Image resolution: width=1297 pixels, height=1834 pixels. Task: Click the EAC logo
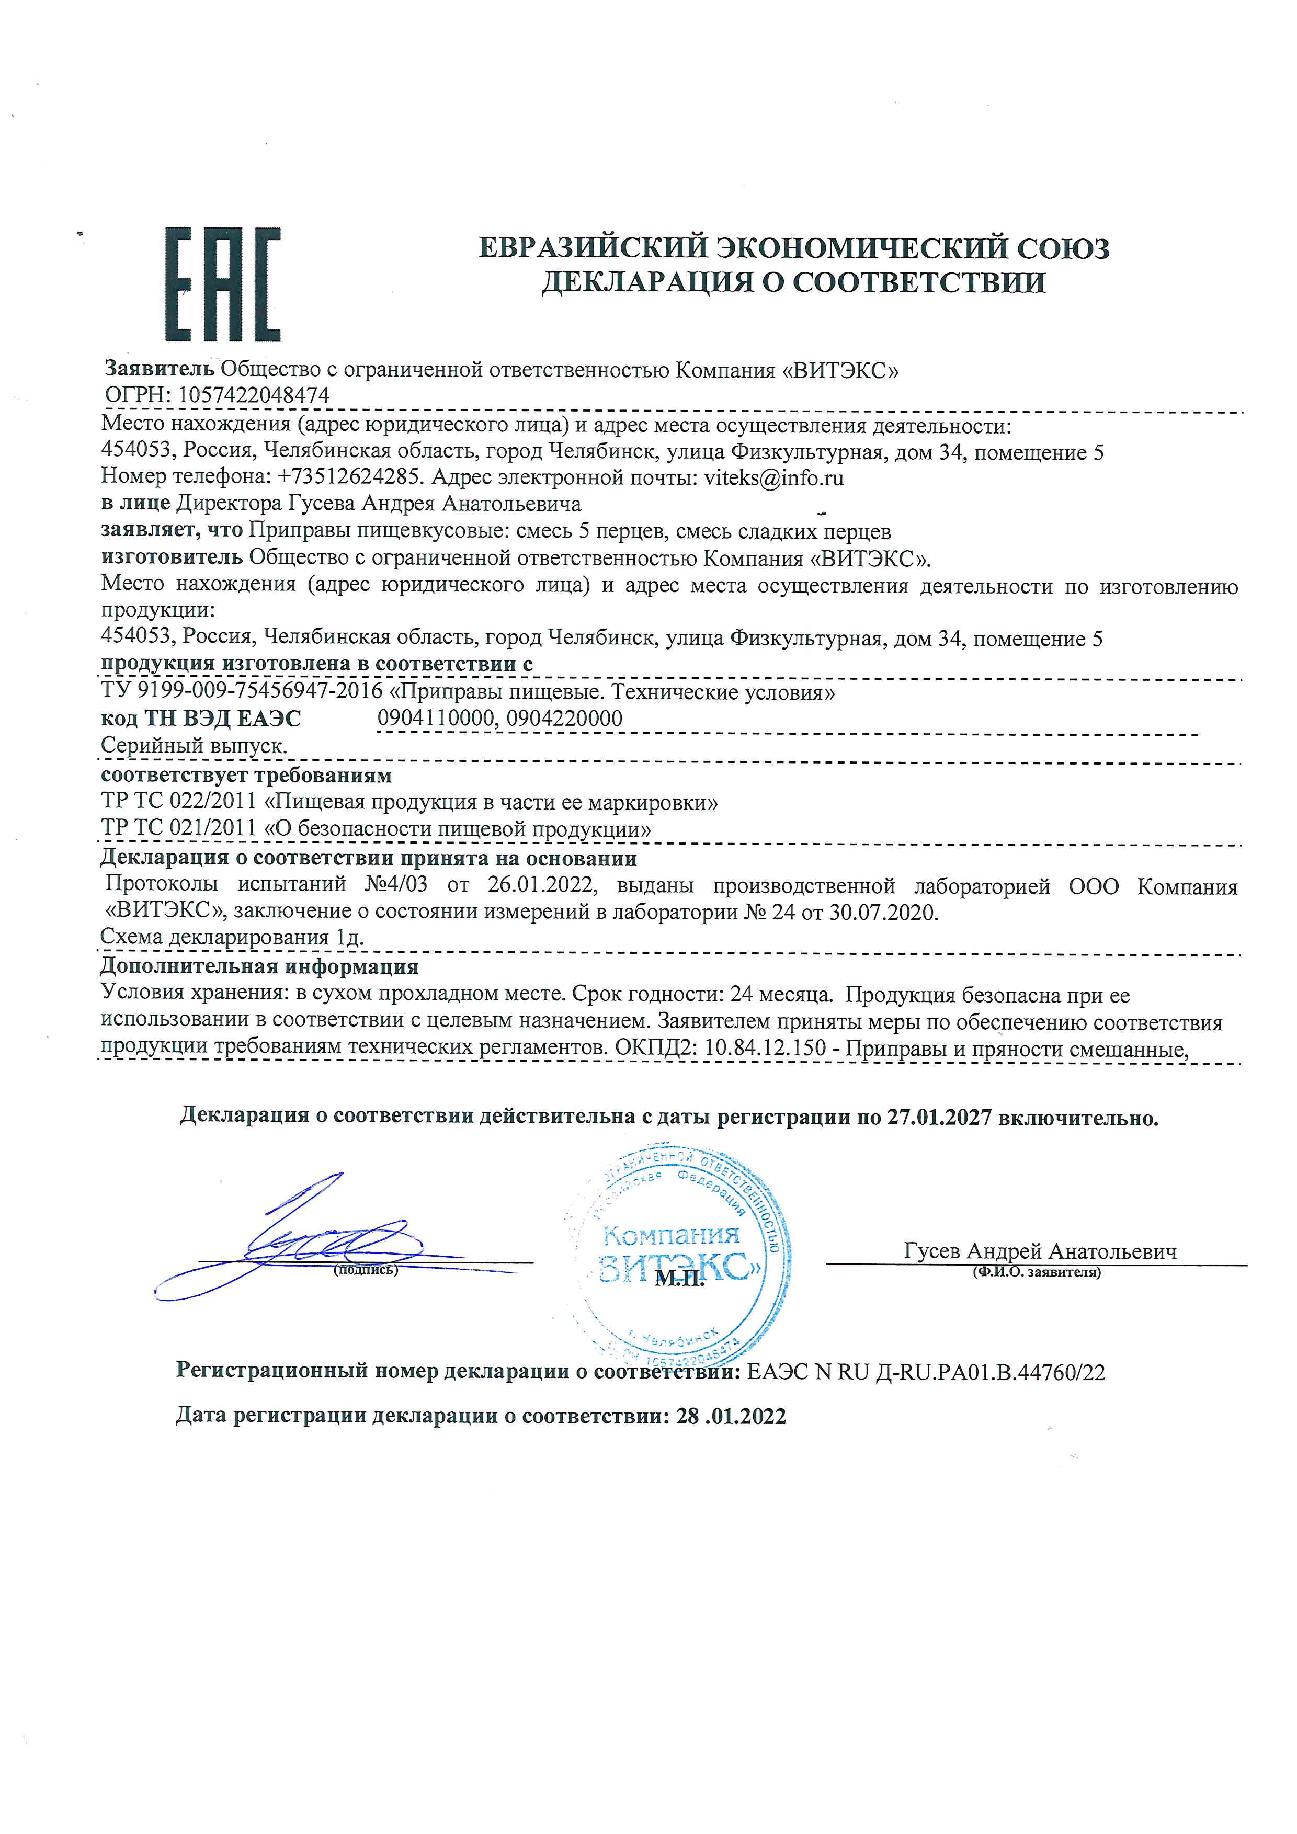pos(223,284)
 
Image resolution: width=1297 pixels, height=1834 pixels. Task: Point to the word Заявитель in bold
pos(160,369)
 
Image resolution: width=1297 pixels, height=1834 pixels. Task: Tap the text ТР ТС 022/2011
pos(179,802)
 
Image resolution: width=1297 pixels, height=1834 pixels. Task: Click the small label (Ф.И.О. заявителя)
pos(1036,1272)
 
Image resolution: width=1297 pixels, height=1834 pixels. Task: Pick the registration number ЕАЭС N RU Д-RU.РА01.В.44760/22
pos(926,1372)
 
